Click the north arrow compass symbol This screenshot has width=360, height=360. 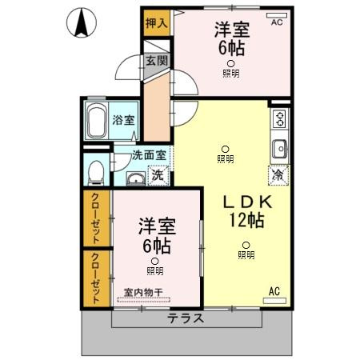click(81, 22)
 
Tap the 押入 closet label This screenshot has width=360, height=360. click(157, 23)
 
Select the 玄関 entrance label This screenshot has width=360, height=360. click(155, 61)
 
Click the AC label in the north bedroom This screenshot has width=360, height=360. click(277, 22)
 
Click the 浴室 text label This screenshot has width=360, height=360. click(123, 120)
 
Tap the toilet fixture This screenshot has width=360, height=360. click(96, 171)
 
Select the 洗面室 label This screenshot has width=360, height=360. click(150, 156)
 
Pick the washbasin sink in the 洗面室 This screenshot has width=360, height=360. click(135, 177)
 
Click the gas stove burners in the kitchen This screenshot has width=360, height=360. click(280, 119)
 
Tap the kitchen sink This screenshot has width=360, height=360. click(280, 149)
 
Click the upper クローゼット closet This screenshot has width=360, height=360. click(97, 218)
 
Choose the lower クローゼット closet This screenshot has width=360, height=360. click(97, 278)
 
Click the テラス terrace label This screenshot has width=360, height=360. click(186, 318)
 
